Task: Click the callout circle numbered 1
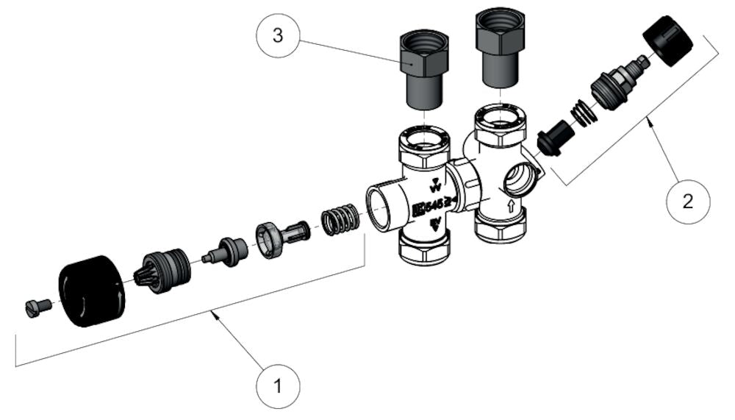coord(278,384)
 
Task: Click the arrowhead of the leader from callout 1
coord(213,314)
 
